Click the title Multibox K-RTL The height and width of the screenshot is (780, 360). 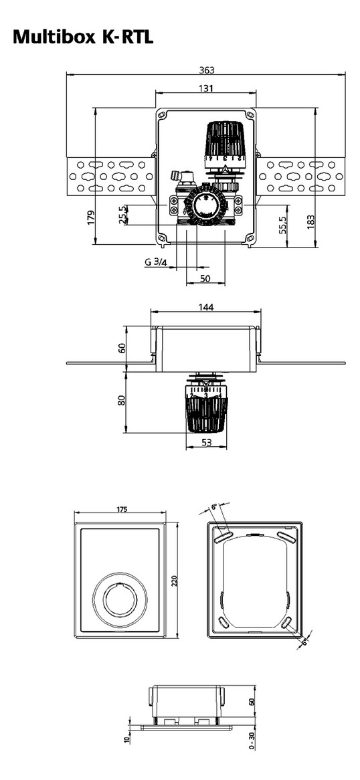click(83, 36)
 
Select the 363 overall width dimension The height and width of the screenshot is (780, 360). click(206, 70)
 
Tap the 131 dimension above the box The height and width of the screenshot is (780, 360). click(205, 88)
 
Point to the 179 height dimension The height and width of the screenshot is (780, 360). click(90, 217)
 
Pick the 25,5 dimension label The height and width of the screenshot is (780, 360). click(122, 215)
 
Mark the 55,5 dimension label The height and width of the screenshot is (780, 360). click(283, 225)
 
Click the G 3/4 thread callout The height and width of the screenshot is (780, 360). click(156, 262)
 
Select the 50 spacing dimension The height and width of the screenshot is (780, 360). click(205, 278)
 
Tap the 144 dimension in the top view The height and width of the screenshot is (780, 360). click(205, 308)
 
